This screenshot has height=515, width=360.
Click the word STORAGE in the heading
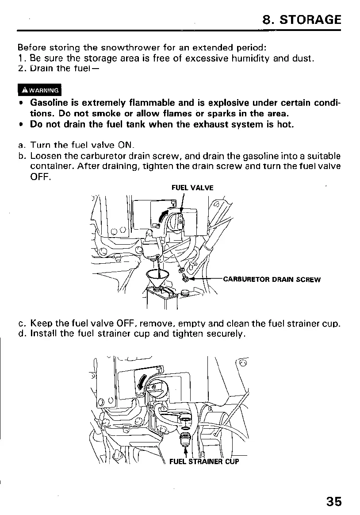(311, 20)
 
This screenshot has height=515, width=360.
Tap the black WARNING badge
(39, 90)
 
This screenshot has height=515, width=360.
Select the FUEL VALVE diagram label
(192, 188)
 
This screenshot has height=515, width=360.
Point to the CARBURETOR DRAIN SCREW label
(272, 279)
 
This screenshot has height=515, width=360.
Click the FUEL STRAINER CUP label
(204, 462)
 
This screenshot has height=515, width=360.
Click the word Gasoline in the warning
(49, 103)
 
